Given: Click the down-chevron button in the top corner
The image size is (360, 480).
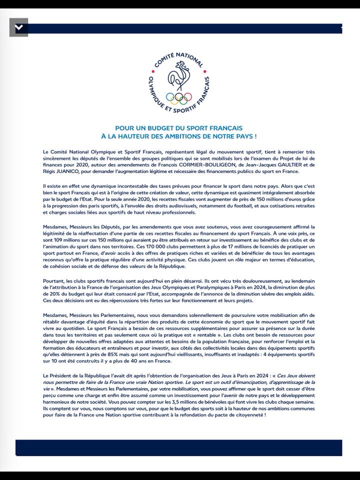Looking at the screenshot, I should pyautogui.click(x=18, y=28).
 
